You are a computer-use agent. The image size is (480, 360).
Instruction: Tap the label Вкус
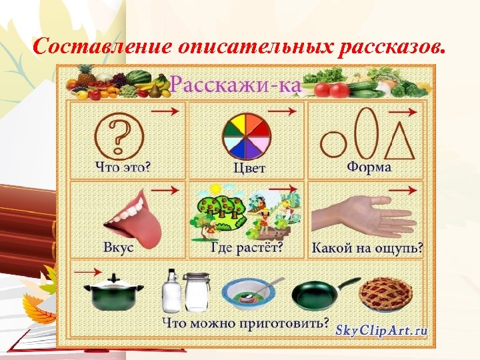[x=119, y=247]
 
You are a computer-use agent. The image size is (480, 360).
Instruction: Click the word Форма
[x=369, y=167]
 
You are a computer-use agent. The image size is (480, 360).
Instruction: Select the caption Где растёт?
[x=247, y=247]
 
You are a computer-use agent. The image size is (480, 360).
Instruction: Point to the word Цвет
[x=249, y=167]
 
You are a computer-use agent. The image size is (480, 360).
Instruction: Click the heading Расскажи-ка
[x=236, y=85]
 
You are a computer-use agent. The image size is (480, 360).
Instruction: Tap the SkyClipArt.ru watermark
[x=381, y=329]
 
